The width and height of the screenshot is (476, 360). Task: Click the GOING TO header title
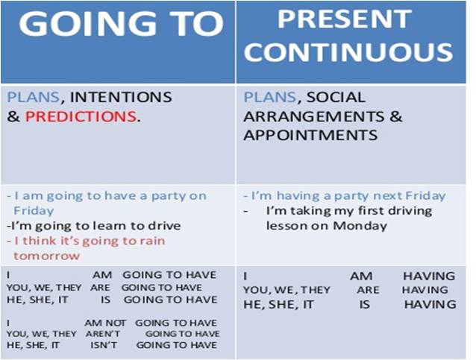(x=121, y=25)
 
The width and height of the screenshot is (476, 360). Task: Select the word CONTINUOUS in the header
(x=348, y=51)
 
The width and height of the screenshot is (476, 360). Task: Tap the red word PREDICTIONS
(x=81, y=116)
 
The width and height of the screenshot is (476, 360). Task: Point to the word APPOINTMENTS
(x=310, y=136)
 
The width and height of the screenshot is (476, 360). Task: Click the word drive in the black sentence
(x=163, y=226)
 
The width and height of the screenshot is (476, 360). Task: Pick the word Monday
(x=362, y=226)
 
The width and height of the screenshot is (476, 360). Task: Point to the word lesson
(x=286, y=226)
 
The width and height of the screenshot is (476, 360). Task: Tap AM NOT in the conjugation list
(x=105, y=323)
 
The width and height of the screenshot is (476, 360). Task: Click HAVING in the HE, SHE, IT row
(x=430, y=304)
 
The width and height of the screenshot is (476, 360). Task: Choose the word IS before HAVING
(x=366, y=304)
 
